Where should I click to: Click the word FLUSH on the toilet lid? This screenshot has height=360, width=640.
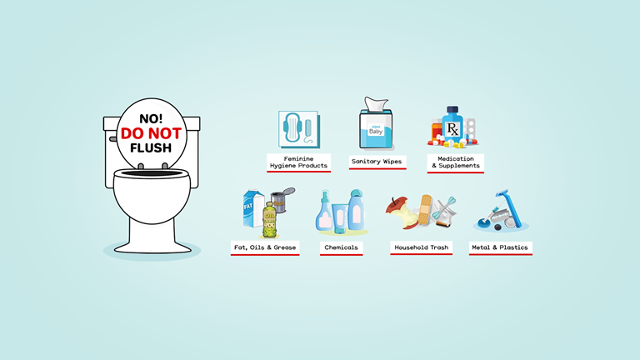[150, 148]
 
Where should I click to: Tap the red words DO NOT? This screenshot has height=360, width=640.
[150, 133]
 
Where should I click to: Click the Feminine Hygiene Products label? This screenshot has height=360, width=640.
[297, 162]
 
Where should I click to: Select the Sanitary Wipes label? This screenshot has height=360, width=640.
[377, 161]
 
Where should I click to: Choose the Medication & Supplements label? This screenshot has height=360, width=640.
[454, 162]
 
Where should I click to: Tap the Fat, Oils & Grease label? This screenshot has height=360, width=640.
[264, 247]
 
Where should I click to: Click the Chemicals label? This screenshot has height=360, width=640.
[341, 247]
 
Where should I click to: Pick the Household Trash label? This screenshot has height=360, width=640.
[421, 247]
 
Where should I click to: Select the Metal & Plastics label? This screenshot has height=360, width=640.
[499, 247]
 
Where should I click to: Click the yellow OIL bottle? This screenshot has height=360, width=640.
[269, 221]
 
